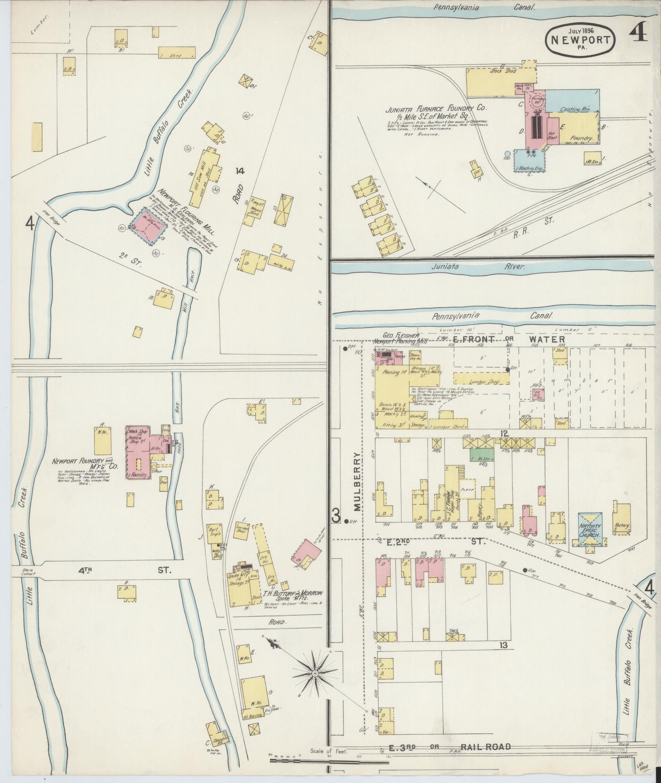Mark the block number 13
503,645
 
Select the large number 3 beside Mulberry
336,516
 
